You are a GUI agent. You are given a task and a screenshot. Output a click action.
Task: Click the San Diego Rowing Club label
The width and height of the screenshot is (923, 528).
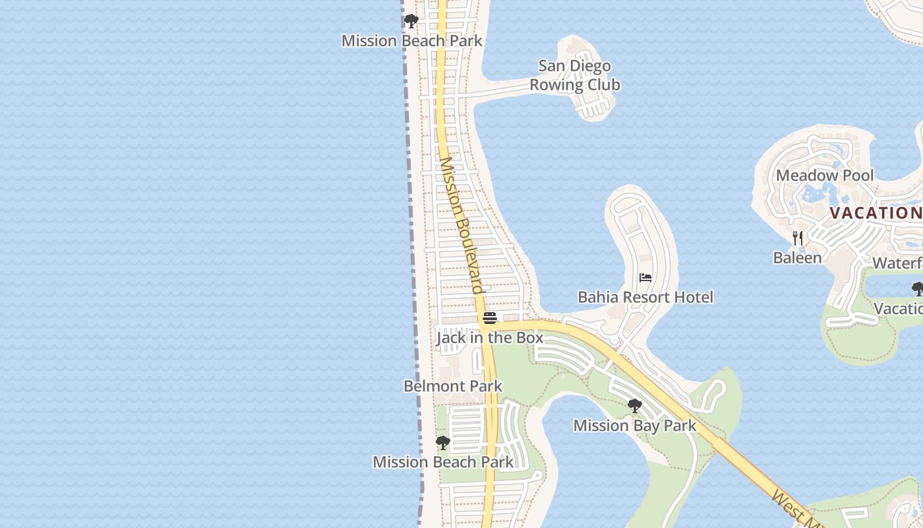(575, 75)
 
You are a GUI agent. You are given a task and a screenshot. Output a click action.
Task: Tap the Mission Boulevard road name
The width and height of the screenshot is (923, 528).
(462, 224)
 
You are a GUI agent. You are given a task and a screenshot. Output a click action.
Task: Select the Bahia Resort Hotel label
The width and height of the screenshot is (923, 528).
(645, 298)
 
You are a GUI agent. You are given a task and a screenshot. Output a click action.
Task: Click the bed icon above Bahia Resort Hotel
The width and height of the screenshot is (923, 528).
(645, 279)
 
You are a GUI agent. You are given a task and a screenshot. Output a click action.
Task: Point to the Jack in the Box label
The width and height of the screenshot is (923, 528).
(490, 338)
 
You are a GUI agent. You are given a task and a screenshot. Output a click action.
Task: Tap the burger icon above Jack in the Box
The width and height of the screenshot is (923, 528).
(489, 318)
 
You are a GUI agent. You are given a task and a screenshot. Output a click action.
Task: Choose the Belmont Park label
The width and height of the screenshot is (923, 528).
(453, 386)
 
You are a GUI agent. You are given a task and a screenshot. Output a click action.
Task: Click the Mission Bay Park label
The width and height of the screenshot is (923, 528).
(635, 426)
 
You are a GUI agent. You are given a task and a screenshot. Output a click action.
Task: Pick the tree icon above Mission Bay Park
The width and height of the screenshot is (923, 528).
(635, 406)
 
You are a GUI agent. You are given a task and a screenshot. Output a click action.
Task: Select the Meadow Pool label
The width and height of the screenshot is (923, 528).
(825, 176)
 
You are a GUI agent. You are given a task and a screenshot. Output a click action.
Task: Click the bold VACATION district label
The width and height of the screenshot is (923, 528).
(876, 213)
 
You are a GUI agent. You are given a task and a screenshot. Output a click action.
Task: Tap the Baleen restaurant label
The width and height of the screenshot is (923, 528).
(798, 258)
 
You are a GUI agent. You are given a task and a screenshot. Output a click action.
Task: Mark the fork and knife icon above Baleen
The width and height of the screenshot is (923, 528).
(798, 238)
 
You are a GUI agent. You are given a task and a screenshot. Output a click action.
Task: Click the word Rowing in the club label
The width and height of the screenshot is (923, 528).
(556, 85)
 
